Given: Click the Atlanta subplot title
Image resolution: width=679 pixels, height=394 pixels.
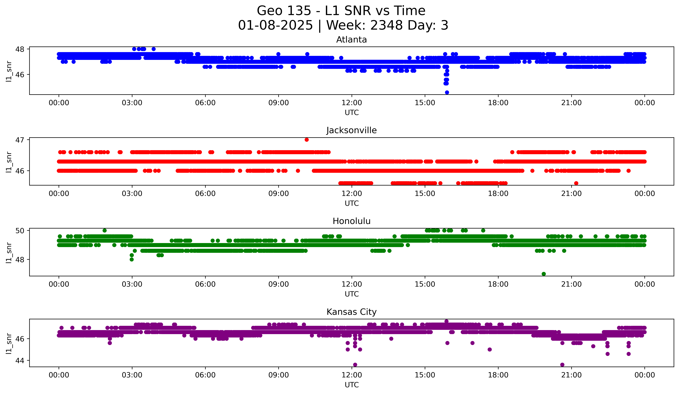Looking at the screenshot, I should [x=351, y=40].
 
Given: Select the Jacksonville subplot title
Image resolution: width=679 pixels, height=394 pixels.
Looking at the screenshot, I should [x=351, y=130].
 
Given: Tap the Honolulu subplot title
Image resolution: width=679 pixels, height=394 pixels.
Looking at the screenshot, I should [x=351, y=221].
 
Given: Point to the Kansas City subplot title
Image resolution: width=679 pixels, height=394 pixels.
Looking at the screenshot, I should [x=351, y=312].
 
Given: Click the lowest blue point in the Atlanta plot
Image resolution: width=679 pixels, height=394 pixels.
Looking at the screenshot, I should [x=447, y=92].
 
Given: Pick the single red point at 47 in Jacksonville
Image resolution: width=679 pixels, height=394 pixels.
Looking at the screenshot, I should [x=307, y=140].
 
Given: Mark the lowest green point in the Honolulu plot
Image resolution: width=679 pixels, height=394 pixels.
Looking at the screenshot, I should [x=544, y=274].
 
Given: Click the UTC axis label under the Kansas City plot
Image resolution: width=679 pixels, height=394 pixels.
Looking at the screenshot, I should [x=352, y=385].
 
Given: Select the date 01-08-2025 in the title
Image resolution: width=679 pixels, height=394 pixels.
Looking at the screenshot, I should [x=275, y=25].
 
